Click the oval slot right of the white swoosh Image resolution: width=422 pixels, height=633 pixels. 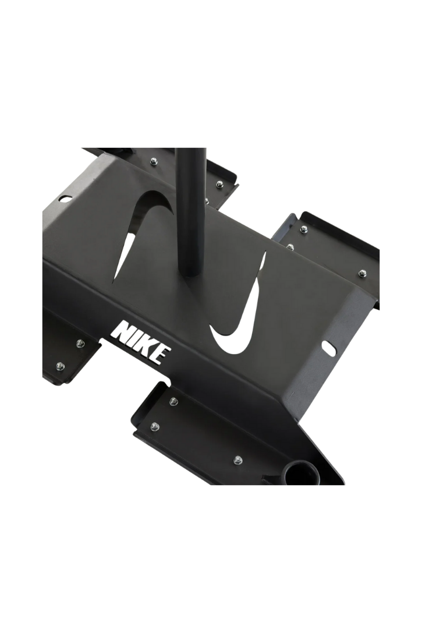point(329,349)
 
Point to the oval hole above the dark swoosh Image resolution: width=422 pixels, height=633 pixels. point(64,199)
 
